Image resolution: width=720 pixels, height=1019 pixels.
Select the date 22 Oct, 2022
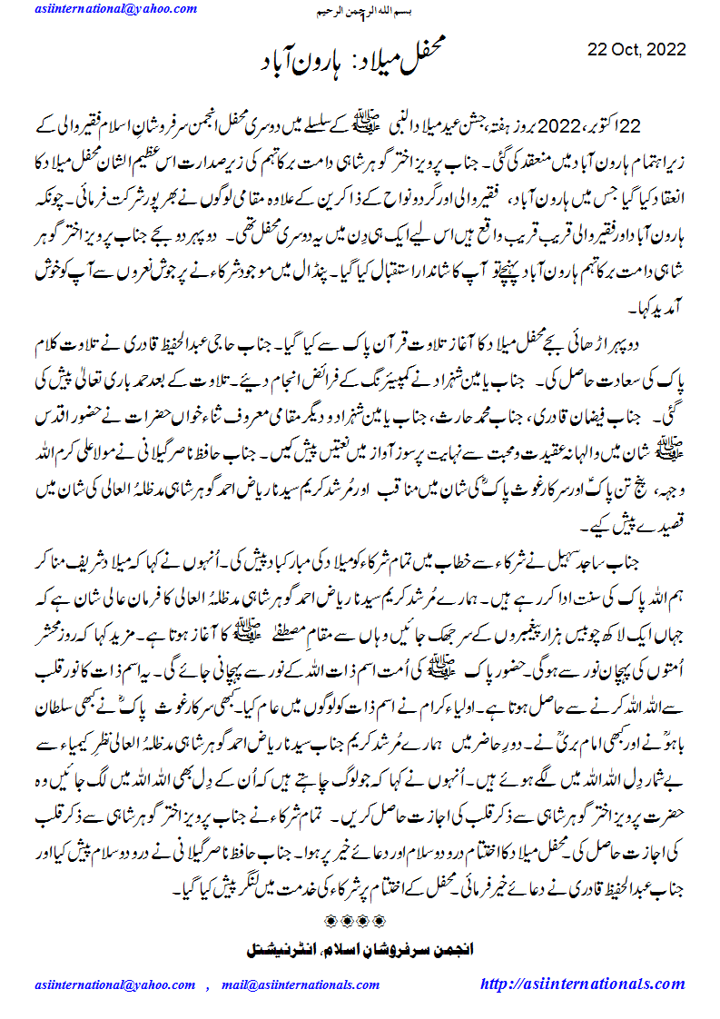(636, 49)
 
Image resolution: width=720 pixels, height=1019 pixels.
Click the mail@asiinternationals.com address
(299, 985)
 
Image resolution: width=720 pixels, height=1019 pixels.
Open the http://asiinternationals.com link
(582, 984)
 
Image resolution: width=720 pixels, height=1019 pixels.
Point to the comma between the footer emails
(208, 986)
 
